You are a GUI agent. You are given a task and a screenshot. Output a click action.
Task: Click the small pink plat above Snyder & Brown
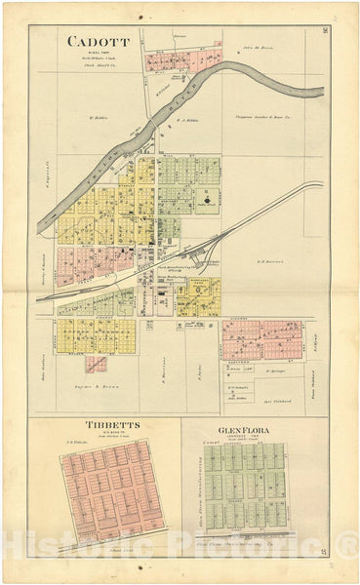coord(96,364)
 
